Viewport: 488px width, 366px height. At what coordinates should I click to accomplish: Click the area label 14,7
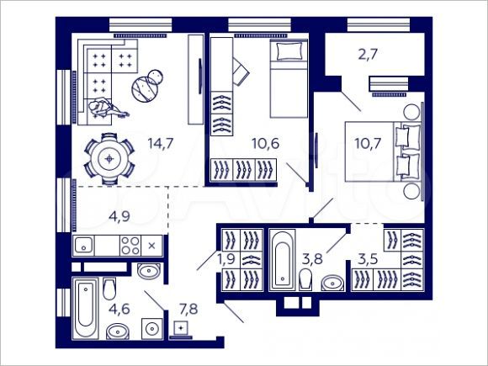160,142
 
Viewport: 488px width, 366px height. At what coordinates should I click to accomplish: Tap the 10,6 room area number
265,142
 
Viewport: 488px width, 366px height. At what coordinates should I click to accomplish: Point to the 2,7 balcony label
368,56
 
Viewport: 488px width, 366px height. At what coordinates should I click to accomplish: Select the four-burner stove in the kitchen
130,246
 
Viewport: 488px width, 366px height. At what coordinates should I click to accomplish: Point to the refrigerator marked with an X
151,246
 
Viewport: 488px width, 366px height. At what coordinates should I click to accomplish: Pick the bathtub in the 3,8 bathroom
280,261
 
